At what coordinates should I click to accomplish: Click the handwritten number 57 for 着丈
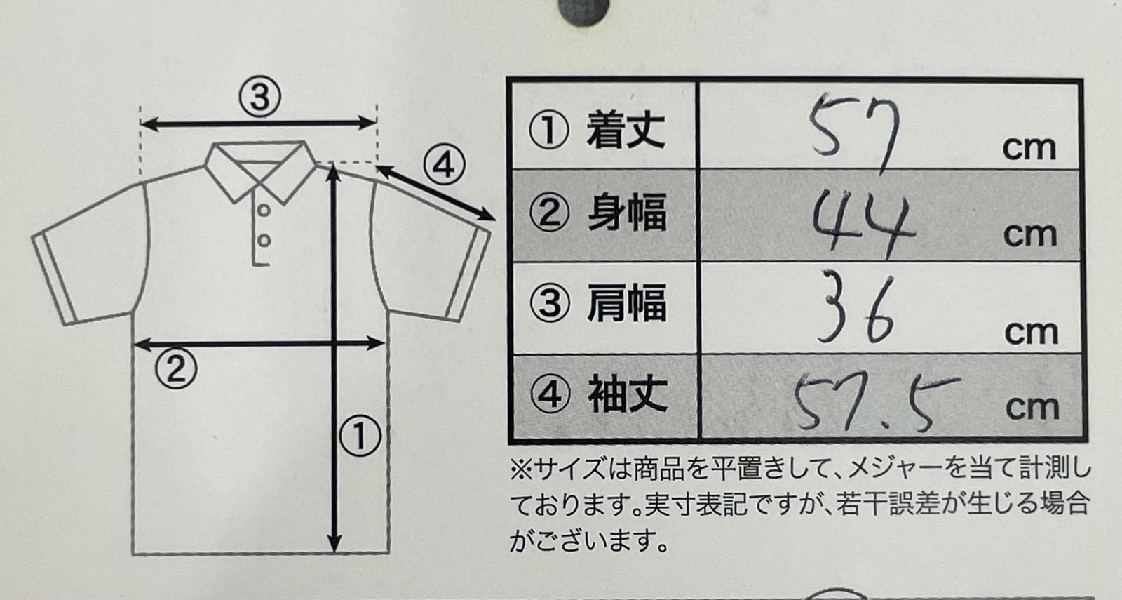854,133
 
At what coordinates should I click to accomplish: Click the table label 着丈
626,131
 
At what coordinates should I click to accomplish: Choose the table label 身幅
627,213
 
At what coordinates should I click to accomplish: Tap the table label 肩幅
627,302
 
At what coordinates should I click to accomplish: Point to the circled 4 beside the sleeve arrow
445,166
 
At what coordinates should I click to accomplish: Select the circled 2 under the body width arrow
176,368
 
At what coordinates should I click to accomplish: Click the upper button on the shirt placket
264,211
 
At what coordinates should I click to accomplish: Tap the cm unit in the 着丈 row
1030,148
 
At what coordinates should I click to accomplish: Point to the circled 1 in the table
549,131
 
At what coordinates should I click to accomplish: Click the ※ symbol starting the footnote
521,471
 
